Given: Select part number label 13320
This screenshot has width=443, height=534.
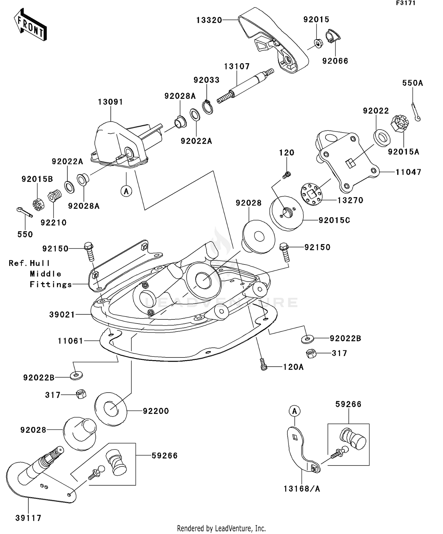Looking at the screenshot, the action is tap(209, 20).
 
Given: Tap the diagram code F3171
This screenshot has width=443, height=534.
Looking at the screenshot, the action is tap(406, 3).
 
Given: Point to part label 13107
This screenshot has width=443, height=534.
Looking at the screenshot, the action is tap(237, 66).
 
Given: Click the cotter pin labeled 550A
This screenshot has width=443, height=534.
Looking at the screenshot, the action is tap(416, 112).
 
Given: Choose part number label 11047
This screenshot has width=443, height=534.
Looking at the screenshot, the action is tap(408, 172).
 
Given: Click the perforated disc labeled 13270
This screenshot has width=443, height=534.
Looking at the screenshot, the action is tap(312, 194).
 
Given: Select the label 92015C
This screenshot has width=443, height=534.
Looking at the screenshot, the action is tap(334, 220).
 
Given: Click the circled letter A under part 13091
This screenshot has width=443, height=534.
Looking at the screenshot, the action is tap(126, 191).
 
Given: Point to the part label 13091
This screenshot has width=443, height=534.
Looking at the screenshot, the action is tap(110, 102).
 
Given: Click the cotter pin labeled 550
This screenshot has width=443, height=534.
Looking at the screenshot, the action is tap(25, 212).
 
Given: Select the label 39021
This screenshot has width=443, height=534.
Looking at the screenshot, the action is tap(62, 315).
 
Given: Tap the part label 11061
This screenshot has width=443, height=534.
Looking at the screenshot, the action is tap(71, 341).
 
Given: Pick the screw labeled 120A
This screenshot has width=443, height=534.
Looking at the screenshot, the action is tap(263, 364).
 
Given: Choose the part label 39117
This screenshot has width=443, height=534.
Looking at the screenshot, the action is tap(28, 517).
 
